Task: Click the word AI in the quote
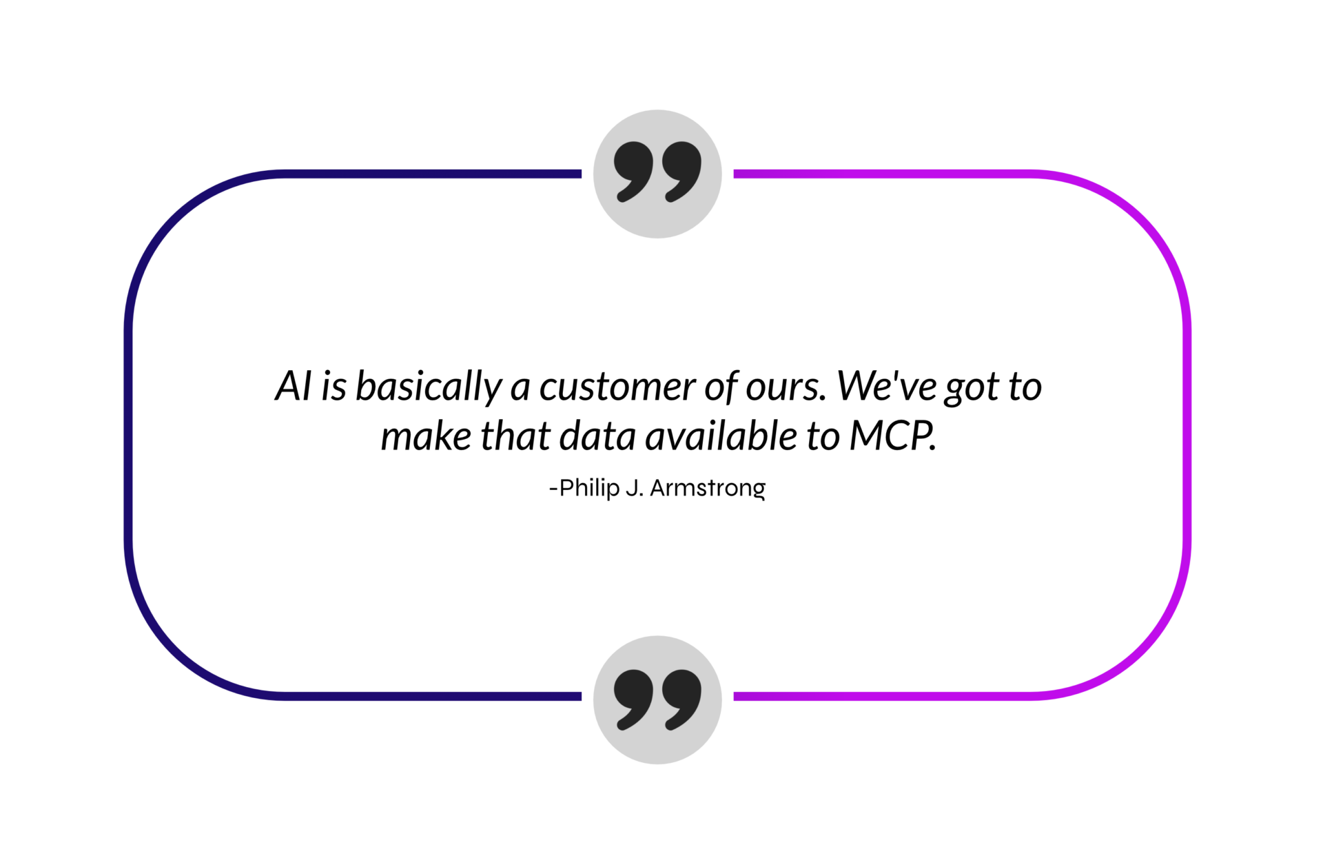[294, 386]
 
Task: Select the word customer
[617, 387]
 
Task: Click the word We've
[885, 386]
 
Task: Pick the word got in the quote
[972, 389]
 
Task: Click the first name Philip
[589, 489]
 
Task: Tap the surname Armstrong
[708, 489]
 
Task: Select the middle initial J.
[635, 488]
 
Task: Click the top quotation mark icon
[657, 174]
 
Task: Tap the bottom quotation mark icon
[657, 699]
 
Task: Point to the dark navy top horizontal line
[433, 174]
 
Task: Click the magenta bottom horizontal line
[883, 696]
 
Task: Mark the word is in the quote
[334, 387]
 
